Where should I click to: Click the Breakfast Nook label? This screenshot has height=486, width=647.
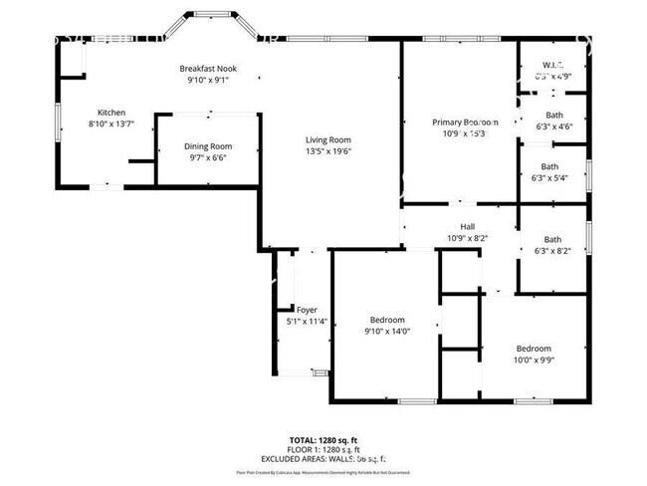pos(207,69)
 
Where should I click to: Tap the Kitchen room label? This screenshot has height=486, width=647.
pos(110,112)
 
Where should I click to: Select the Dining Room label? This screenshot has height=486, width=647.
pos(207,146)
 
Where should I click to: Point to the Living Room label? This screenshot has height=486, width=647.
pos(328,139)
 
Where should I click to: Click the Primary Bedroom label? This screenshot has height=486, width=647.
pos(459,121)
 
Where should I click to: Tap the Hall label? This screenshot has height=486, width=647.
pos(467,226)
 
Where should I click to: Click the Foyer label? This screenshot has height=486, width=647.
pos(307,310)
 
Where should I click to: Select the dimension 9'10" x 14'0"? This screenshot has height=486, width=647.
pos(386,331)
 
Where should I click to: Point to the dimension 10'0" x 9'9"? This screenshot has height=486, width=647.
pos(533,360)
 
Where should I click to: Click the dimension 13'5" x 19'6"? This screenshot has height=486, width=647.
pos(328,151)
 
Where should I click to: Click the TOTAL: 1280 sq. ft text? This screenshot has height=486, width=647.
pos(323,439)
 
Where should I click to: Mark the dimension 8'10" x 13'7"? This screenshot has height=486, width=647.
pos(110,123)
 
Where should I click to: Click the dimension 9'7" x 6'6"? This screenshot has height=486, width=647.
pos(207,157)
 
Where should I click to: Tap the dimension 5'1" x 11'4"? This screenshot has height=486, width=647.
pos(307,321)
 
